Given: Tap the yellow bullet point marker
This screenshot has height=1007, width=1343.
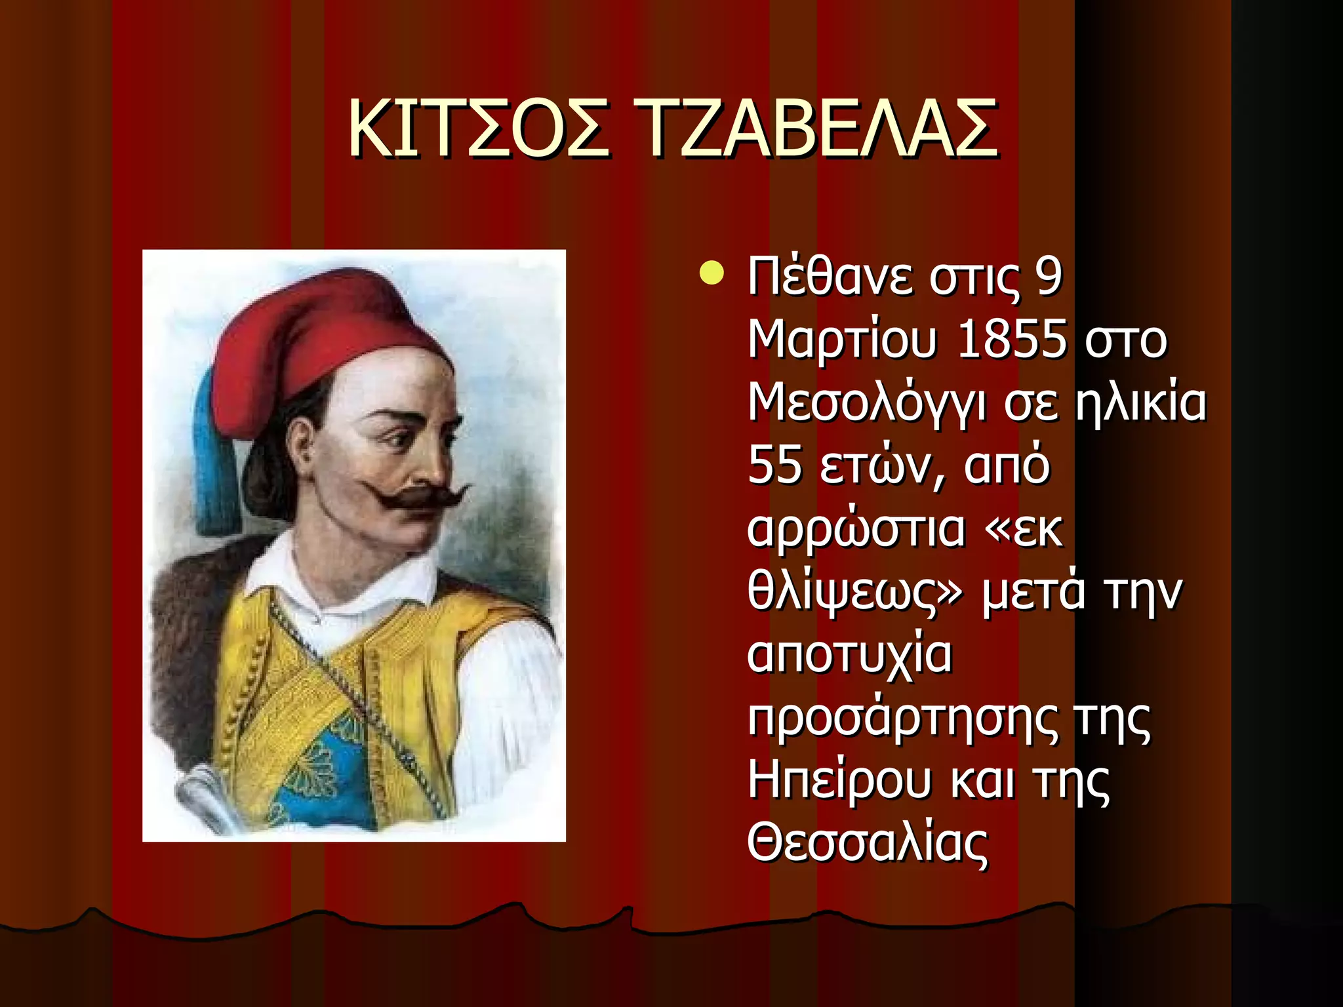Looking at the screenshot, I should pos(711,273).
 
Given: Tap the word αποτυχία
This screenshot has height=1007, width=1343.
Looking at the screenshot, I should pos(850,655).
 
